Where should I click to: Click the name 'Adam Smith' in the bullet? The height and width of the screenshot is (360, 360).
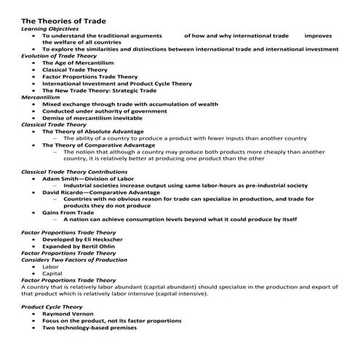click(x=61, y=178)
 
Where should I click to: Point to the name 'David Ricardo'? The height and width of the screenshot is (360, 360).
click(x=63, y=192)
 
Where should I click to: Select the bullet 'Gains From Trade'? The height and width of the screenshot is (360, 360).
click(x=71, y=212)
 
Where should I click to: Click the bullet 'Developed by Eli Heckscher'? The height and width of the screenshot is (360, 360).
click(x=87, y=239)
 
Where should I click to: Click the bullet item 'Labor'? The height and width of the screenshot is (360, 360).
click(x=50, y=267)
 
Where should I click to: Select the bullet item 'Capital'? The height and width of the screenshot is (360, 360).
click(x=52, y=273)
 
